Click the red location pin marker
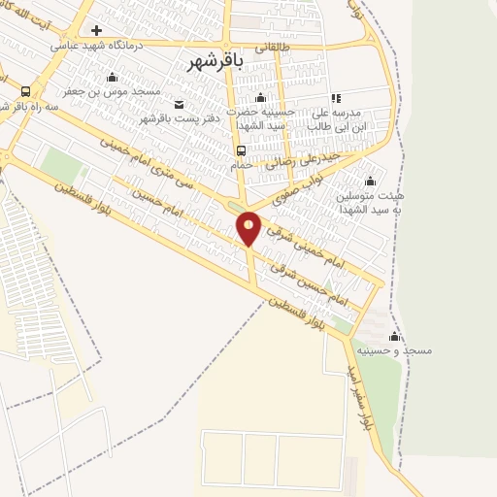(249, 228)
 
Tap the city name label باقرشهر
(215, 60)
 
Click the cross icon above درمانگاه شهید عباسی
(96, 30)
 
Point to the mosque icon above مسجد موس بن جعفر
(112, 77)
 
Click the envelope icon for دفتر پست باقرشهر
(178, 104)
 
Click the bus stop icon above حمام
(240, 150)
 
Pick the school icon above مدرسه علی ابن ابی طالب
(336, 98)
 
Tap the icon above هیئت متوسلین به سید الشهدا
(369, 181)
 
